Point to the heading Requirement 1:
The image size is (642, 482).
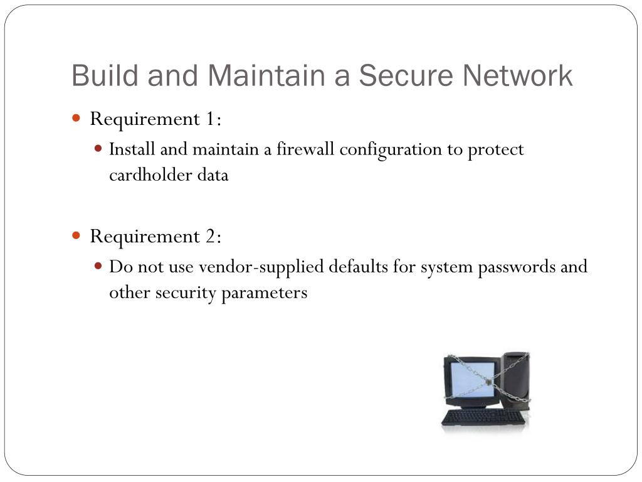[155, 119]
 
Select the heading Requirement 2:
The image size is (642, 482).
[155, 236]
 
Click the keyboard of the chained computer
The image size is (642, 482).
[483, 417]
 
